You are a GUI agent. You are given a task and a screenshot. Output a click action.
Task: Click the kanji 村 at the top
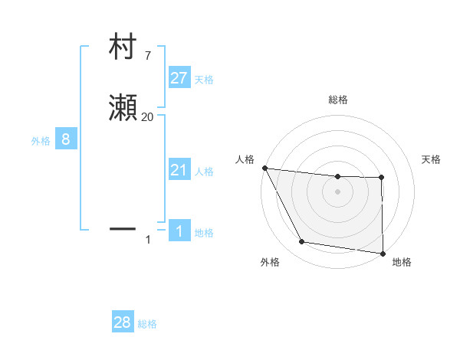tap(123, 47)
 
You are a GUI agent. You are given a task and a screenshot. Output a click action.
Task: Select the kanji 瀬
tap(123, 109)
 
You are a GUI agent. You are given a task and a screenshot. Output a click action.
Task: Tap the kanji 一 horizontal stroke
tap(123, 228)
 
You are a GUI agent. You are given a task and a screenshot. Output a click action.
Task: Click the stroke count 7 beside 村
tap(147, 56)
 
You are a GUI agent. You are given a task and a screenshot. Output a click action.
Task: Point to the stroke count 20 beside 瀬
tap(147, 117)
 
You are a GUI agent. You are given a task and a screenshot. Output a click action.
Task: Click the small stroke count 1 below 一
tap(148, 240)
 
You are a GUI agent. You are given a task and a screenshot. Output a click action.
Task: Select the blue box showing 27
tap(179, 78)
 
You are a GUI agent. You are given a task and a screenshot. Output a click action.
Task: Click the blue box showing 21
tap(179, 170)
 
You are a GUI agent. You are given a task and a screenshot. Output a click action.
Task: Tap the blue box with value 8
tap(66, 139)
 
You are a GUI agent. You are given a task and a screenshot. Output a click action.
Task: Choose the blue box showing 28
tap(123, 322)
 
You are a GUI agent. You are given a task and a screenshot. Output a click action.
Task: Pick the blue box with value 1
tap(179, 231)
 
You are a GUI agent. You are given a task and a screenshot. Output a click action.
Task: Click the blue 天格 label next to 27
tap(204, 80)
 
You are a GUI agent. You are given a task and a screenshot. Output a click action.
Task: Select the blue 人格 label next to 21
tap(204, 172)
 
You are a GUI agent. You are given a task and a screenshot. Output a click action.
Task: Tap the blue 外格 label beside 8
tap(41, 141)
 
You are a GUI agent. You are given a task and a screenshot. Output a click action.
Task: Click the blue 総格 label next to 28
tap(147, 324)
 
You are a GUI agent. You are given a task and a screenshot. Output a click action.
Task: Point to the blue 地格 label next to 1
tap(204, 233)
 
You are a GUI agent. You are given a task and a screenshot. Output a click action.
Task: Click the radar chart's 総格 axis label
tap(337, 100)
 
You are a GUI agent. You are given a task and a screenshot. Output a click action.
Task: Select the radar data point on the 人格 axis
tap(264, 168)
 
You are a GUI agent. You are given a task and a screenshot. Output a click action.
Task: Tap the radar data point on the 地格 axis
tap(383, 253)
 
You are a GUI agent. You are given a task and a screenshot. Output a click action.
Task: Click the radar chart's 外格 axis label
tap(270, 263)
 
